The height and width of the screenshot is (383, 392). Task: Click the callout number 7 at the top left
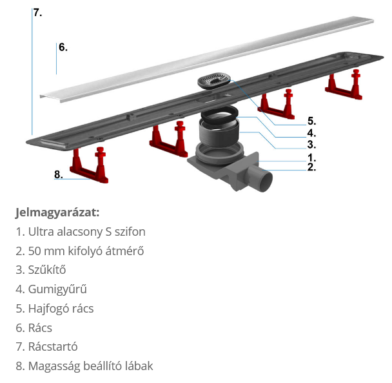pyautogui.click(x=38, y=12)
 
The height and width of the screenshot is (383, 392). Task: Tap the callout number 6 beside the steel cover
pyautogui.click(x=63, y=47)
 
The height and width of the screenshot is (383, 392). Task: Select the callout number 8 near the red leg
pyautogui.click(x=58, y=174)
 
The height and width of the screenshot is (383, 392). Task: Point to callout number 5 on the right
pyautogui.click(x=311, y=121)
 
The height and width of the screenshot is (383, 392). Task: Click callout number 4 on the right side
pyautogui.click(x=311, y=133)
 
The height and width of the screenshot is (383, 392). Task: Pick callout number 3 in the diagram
pyautogui.click(x=311, y=145)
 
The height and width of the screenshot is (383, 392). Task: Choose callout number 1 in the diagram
pyautogui.click(x=311, y=158)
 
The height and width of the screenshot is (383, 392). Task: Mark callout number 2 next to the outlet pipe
pyautogui.click(x=311, y=167)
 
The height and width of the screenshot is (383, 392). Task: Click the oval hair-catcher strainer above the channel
pyautogui.click(x=214, y=81)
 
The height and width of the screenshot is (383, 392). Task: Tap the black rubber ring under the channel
pyautogui.click(x=219, y=114)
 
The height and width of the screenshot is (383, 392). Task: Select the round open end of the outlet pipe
pyautogui.click(x=266, y=181)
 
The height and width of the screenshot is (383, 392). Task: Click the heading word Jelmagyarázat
pyautogui.click(x=57, y=212)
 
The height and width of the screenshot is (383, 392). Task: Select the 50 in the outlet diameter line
pyautogui.click(x=35, y=251)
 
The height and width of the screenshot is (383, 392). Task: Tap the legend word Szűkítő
pyautogui.click(x=47, y=270)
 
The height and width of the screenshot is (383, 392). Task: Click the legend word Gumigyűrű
pyautogui.click(x=57, y=289)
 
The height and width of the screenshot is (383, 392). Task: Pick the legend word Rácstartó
pyautogui.click(x=53, y=347)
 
